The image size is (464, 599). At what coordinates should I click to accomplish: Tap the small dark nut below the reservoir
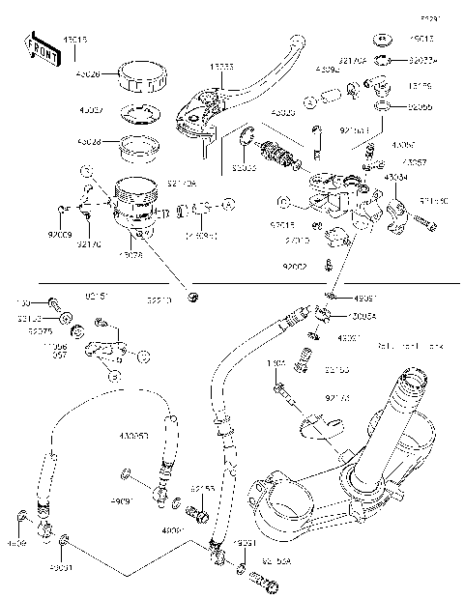click(x=193, y=295)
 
